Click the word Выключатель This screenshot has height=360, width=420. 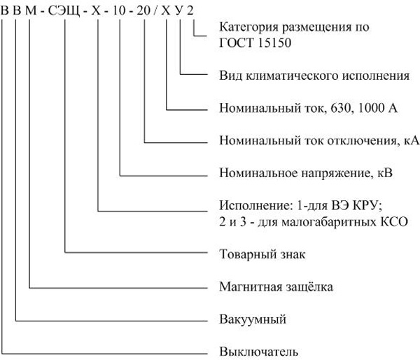tap(259, 352)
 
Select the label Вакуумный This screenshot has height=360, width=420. tap(253, 319)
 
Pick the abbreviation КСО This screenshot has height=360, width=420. tap(395, 222)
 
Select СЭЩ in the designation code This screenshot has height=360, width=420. tap(64, 11)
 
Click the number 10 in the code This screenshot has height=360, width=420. tap(119, 11)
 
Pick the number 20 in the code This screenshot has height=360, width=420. tap(143, 11)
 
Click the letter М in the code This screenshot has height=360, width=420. tap(31, 11)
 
